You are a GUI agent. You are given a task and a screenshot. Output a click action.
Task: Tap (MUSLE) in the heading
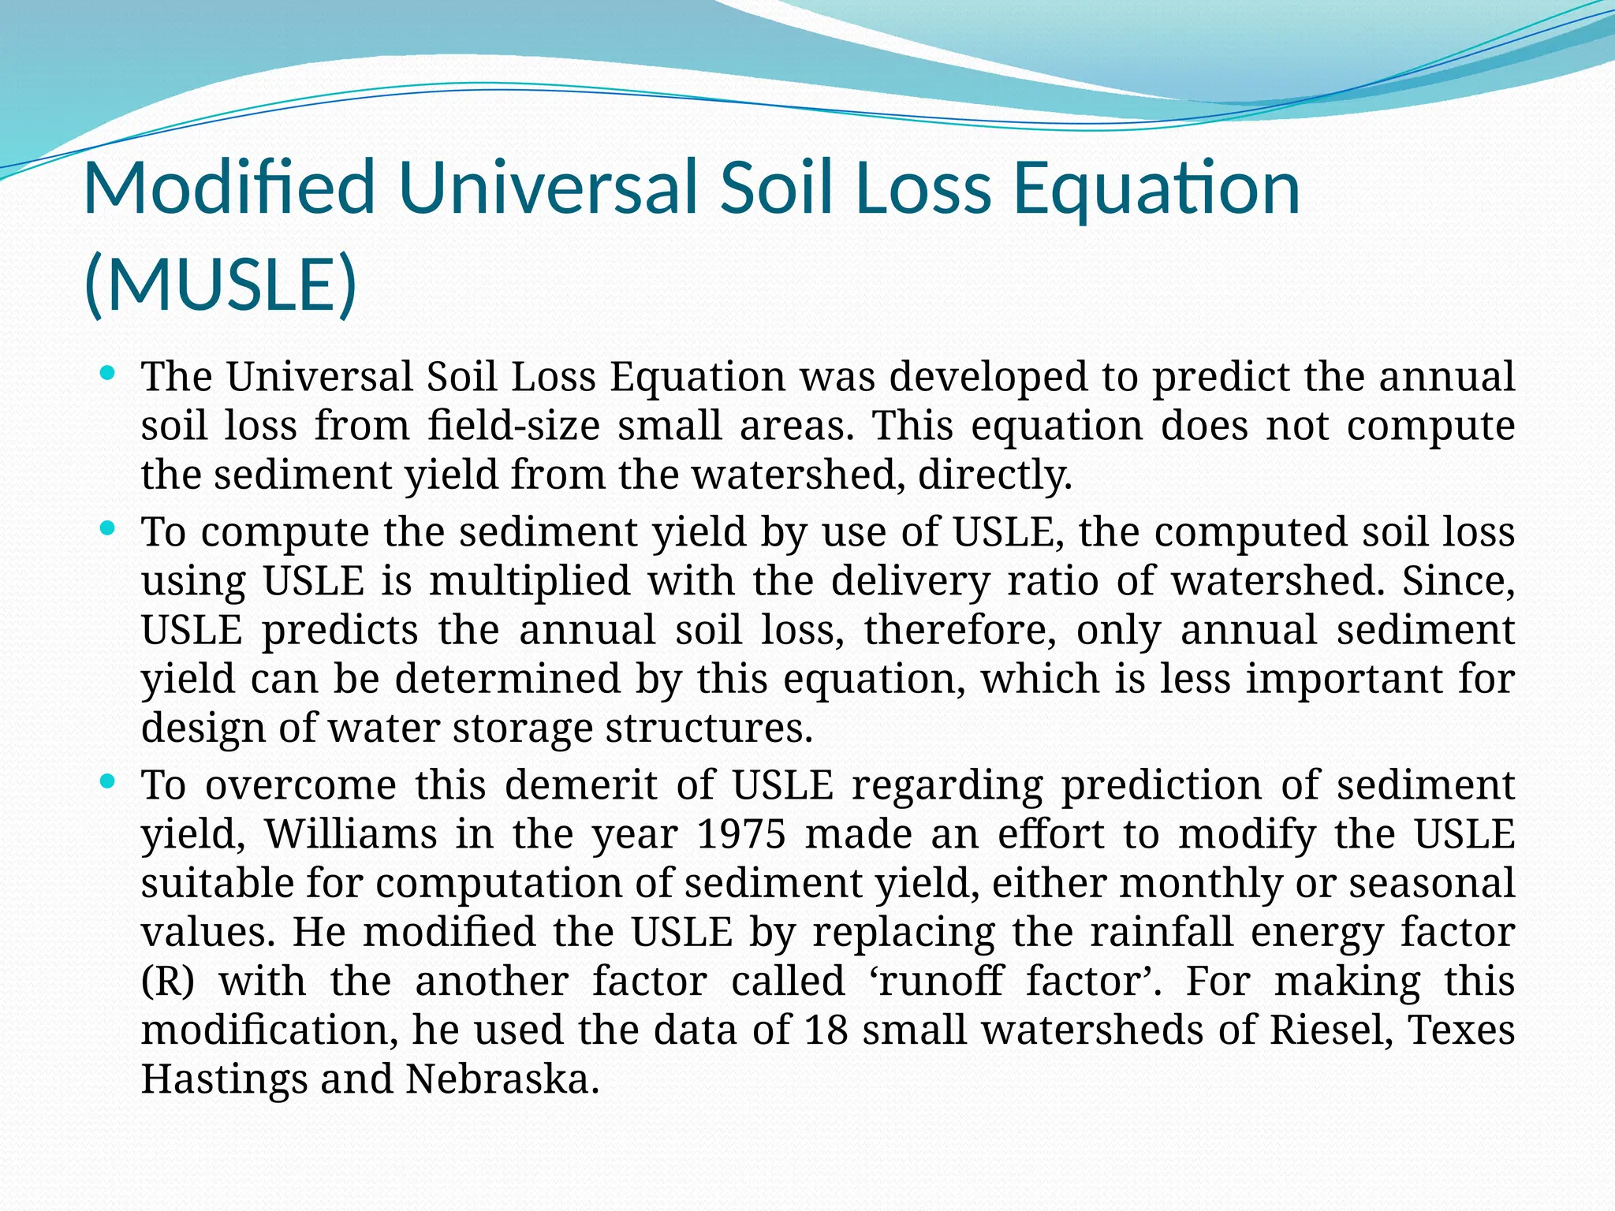(220, 284)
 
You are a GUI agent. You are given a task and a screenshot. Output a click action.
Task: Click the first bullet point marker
(109, 372)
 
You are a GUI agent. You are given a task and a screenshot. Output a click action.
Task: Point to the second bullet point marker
(109, 527)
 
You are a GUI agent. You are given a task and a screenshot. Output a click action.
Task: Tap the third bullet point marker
(109, 781)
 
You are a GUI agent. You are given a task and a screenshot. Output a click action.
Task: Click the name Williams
(350, 833)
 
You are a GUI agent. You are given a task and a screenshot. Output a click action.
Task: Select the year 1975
(741, 833)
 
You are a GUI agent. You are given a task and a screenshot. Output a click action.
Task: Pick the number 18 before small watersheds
(825, 1029)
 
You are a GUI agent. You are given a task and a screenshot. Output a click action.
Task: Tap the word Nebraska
(502, 1079)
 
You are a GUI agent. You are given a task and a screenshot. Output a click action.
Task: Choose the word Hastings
(224, 1079)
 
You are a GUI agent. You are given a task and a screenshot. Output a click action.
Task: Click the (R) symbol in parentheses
(167, 981)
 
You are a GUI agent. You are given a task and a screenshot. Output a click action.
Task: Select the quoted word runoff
(938, 981)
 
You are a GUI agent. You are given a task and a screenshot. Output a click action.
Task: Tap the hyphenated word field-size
(513, 426)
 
